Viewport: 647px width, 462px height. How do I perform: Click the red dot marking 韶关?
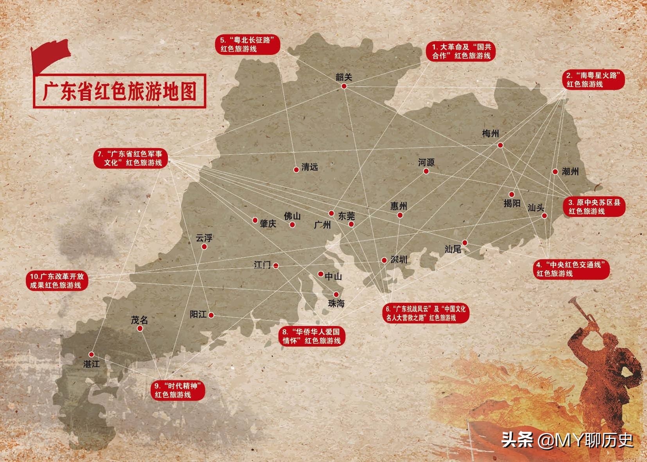click(x=344, y=86)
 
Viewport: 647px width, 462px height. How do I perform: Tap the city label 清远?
click(x=310, y=167)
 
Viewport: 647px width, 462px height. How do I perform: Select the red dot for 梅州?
click(x=500, y=145)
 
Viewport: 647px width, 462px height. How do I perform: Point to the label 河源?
click(x=426, y=162)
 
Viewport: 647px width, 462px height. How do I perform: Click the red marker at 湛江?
click(x=91, y=355)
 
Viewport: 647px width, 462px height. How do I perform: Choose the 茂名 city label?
click(x=139, y=320)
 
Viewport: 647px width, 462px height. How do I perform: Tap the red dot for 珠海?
click(x=336, y=294)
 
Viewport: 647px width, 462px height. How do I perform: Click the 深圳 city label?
click(x=399, y=259)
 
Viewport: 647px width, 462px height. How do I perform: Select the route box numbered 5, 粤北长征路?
click(x=248, y=45)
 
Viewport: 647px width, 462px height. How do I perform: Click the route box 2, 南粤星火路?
click(x=593, y=80)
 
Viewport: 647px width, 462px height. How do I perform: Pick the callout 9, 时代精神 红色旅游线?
click(x=178, y=390)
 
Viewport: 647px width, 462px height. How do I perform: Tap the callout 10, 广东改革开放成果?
click(x=57, y=281)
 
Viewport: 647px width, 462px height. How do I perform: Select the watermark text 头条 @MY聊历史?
click(x=567, y=441)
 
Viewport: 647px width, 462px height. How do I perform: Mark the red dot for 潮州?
click(x=555, y=172)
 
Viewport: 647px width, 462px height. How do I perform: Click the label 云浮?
click(x=204, y=238)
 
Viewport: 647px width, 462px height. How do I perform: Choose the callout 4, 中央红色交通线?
click(x=571, y=269)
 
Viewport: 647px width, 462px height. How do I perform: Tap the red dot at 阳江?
click(x=211, y=315)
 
